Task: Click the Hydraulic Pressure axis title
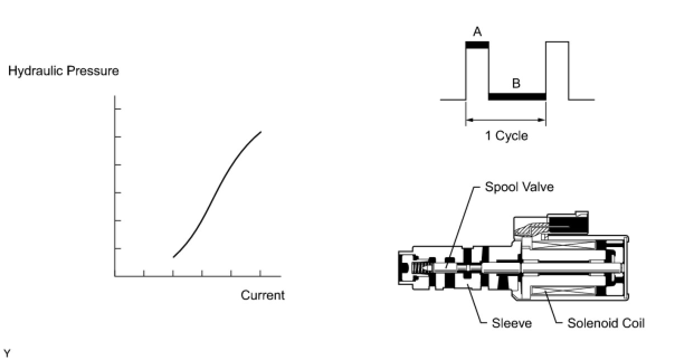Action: (63, 72)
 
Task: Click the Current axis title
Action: (262, 295)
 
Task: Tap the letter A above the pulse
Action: (477, 32)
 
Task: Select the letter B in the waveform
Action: (516, 84)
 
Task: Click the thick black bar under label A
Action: (477, 45)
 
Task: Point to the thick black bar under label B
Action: (517, 97)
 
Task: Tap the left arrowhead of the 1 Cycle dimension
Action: (469, 120)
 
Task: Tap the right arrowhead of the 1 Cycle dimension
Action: (542, 120)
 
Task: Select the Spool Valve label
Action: (519, 187)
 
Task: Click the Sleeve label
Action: (511, 323)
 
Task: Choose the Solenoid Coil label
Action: (606, 323)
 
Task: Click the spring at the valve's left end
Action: (419, 269)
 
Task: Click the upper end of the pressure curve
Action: (260, 132)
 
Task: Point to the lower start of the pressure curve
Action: (174, 257)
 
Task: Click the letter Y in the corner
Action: (7, 353)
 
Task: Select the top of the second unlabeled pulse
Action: (557, 42)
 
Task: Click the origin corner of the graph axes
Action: (115, 276)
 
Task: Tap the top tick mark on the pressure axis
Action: (117, 108)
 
